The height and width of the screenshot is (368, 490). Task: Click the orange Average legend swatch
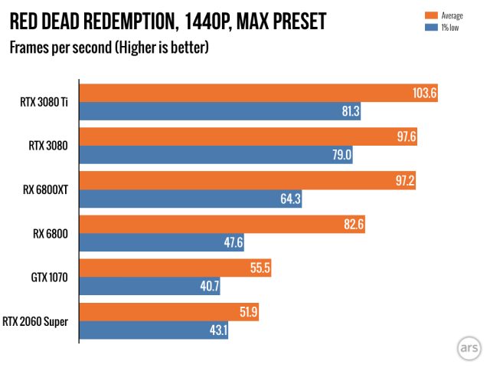coord(430,15)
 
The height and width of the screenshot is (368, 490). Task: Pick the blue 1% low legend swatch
coord(430,28)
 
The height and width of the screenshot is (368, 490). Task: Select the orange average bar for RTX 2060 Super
coord(153,313)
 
